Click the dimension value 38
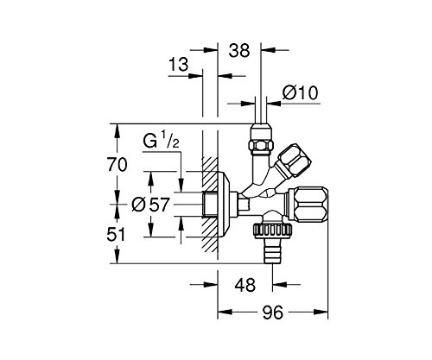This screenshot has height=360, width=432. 238,51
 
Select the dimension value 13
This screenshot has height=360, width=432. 178,65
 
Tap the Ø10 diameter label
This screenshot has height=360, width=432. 300,93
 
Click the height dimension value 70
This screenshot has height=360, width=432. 118,165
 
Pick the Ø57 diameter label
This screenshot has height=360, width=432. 150,205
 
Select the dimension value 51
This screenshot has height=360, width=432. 116,234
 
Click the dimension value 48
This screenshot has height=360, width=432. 245,285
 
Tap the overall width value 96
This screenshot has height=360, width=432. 273,313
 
